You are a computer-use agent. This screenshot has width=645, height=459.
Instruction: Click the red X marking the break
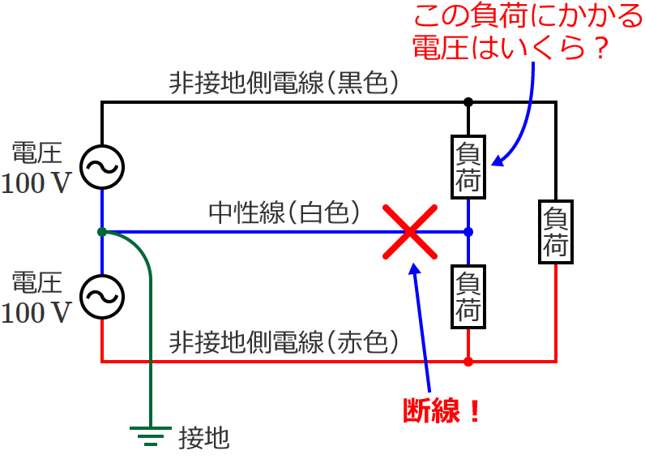point(411,232)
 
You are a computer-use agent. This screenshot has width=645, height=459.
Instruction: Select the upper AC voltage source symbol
point(102,167)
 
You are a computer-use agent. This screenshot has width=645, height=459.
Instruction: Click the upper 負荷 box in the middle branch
point(468,166)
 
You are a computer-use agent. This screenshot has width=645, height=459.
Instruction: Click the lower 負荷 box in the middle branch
point(468,297)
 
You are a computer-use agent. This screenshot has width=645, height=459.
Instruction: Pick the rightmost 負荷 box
point(556,232)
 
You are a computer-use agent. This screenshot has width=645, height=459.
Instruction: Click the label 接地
point(203,439)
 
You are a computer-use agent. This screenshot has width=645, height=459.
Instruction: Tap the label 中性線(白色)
point(284,212)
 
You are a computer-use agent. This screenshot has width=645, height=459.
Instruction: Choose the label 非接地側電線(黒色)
point(284,83)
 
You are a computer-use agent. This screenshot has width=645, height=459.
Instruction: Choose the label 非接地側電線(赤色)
point(284,342)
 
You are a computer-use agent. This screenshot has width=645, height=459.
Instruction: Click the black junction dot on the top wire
point(468,102)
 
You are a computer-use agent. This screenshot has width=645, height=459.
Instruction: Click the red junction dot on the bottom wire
point(468,361)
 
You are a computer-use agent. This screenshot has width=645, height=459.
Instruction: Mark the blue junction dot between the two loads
point(468,232)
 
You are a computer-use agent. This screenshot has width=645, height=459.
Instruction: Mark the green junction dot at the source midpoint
point(102,232)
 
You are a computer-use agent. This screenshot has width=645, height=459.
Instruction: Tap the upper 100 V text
point(36,183)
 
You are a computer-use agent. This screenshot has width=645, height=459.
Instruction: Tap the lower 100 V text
point(36,312)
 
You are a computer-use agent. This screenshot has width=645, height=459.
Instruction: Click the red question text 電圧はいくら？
point(510,47)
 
